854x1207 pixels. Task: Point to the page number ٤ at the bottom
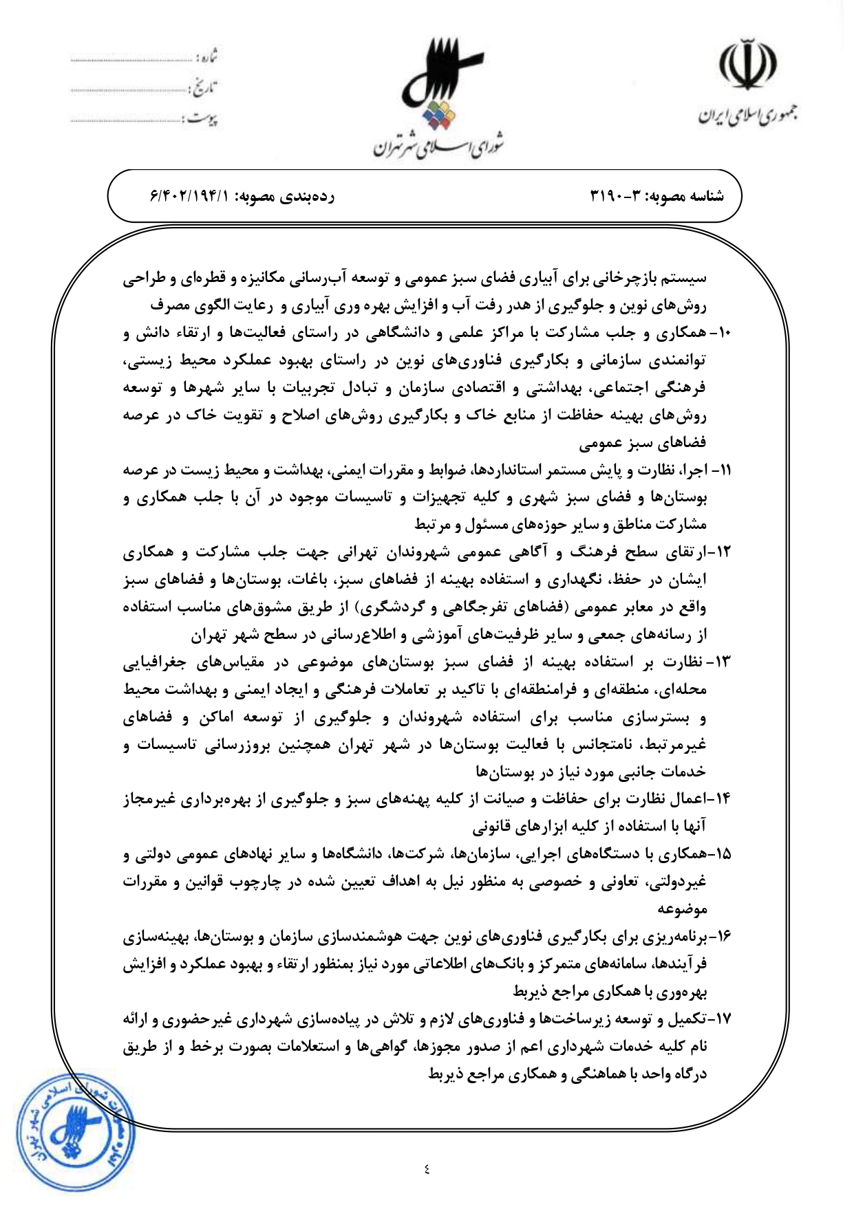(427, 1167)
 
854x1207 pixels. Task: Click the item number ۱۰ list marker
(723, 332)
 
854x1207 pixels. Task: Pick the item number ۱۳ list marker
(722, 662)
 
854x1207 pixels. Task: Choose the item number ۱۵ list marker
(722, 854)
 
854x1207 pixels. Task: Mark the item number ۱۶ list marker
(722, 936)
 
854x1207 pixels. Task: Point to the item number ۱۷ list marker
(722, 1019)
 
